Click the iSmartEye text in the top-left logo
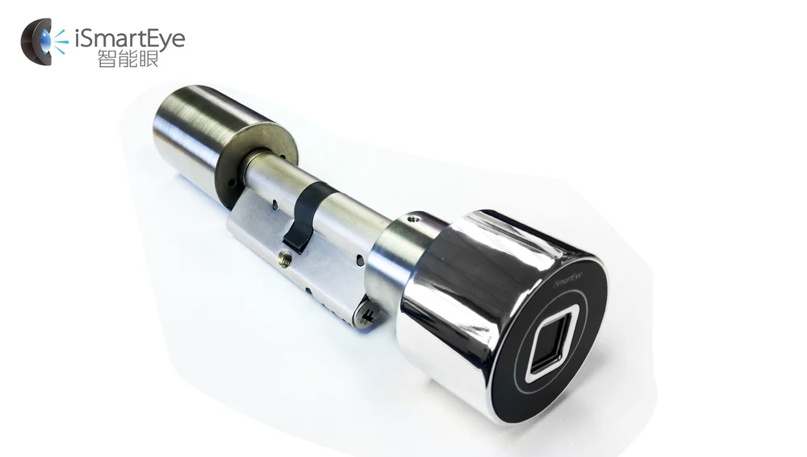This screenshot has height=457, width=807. tap(130, 38)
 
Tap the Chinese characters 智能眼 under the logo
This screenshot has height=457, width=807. tap(128, 59)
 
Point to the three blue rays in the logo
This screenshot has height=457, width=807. tap(61, 42)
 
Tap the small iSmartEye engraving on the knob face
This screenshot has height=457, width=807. tap(568, 278)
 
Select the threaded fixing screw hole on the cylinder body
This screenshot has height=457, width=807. tap(283, 259)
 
